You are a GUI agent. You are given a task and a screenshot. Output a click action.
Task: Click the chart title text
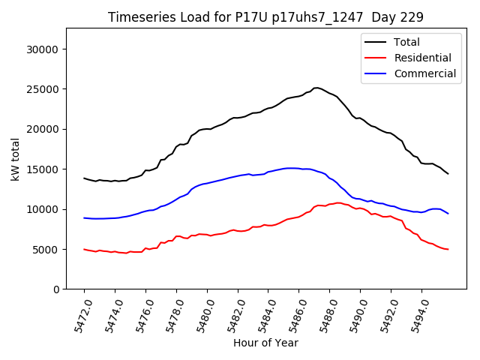click(265, 17)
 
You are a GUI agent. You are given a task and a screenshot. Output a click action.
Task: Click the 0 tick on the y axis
click(55, 289)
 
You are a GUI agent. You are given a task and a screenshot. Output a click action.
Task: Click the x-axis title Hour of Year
click(265, 343)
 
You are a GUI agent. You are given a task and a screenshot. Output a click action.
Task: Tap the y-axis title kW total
click(15, 158)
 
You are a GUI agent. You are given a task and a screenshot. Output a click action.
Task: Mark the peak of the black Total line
click(316, 88)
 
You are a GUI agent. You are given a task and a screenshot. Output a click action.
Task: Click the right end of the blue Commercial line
click(448, 213)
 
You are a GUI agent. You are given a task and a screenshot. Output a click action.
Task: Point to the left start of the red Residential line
click(84, 249)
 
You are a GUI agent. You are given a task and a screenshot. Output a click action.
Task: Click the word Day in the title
click(394, 17)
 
